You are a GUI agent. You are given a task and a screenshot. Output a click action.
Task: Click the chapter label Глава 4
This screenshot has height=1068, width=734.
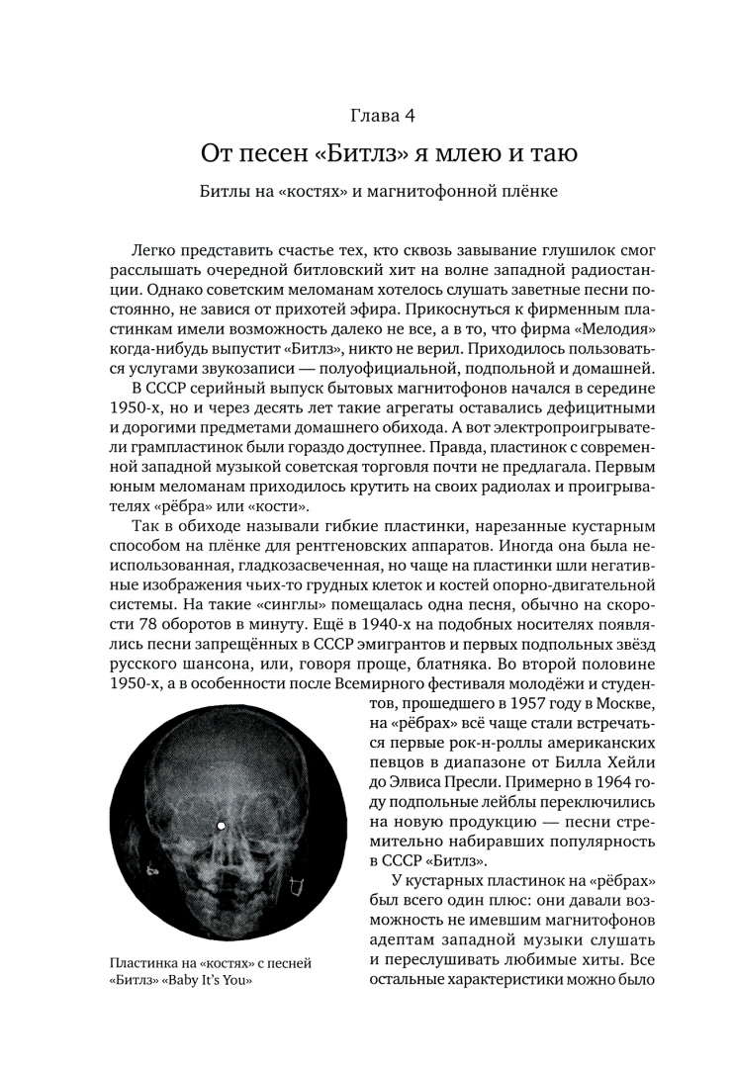click(x=367, y=116)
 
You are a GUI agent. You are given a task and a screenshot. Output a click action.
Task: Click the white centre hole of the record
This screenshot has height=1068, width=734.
click(x=222, y=824)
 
